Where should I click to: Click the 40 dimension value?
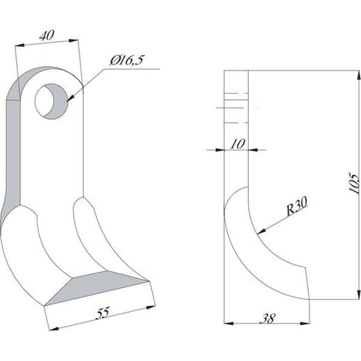tap(47, 36)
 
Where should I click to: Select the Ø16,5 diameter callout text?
tap(128, 61)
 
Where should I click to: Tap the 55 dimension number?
tap(103, 313)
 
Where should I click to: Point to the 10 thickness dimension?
tap(238, 144)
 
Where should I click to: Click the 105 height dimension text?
tap(354, 184)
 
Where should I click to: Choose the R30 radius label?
tap(296, 206)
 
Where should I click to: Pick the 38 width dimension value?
tap(268, 319)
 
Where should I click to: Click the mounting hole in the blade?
tap(51, 101)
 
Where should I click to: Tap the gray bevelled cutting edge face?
tap(98, 287)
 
